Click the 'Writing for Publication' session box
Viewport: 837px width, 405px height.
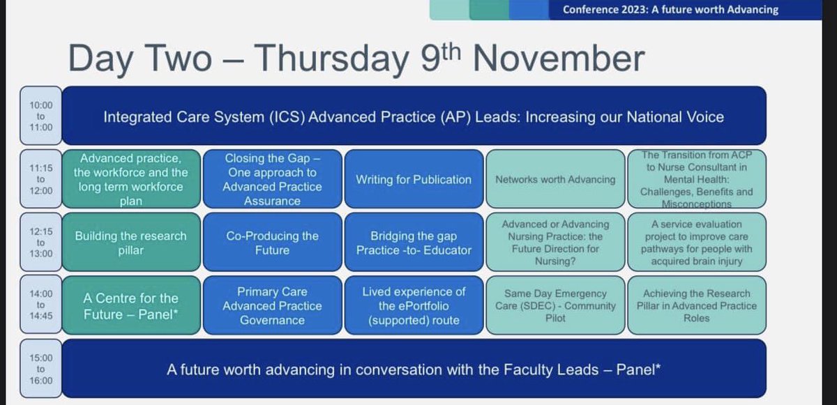(413, 180)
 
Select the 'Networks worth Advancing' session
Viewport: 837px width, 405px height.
(555, 180)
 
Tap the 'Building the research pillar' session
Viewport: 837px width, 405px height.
(131, 243)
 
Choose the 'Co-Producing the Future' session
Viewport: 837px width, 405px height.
(272, 243)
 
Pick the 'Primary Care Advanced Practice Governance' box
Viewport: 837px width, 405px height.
(272, 305)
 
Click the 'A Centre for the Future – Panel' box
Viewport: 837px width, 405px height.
(131, 305)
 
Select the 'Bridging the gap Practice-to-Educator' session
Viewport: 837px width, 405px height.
(413, 243)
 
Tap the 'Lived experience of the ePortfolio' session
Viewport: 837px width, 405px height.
(413, 305)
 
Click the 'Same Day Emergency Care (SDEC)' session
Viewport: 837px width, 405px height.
(555, 305)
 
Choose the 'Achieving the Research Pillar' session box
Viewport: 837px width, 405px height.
(695, 305)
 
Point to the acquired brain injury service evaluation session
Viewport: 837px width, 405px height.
(695, 243)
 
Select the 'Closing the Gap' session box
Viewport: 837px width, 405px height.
(272, 180)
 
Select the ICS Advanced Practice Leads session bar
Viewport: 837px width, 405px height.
(414, 116)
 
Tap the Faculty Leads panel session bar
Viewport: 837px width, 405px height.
(414, 369)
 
